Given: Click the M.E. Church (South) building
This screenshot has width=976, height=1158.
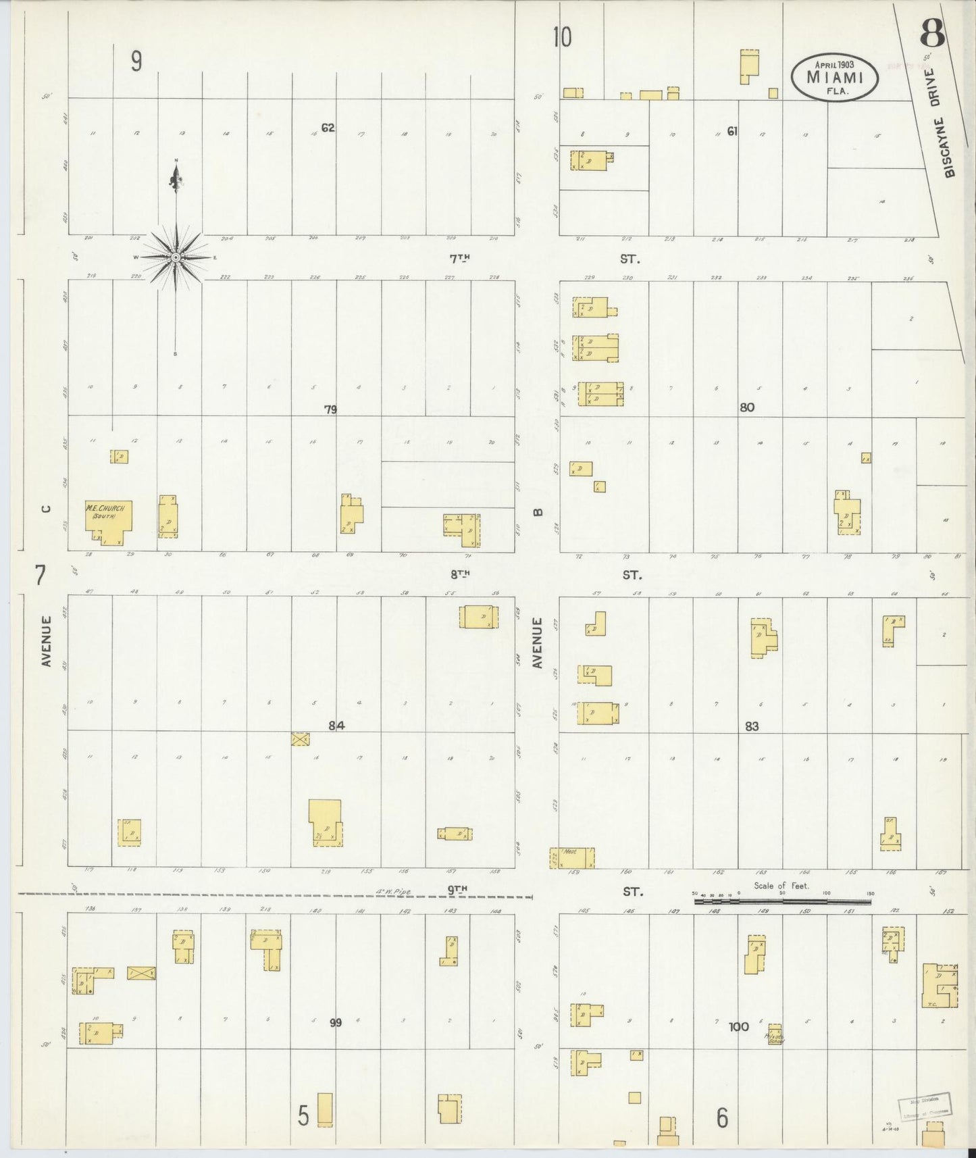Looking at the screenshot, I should (x=108, y=520).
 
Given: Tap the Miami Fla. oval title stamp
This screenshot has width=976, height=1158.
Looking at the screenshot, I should (x=835, y=76).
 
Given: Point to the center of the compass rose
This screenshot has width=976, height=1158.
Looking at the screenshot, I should (x=176, y=257).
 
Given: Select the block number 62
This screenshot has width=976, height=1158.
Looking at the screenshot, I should (x=328, y=128).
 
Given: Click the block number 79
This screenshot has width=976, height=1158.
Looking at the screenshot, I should (x=330, y=409).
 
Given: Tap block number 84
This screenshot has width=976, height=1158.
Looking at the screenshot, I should (x=337, y=726).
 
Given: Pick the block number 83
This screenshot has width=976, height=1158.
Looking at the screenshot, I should (x=752, y=726).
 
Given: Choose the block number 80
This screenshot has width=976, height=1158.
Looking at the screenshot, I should (x=746, y=407).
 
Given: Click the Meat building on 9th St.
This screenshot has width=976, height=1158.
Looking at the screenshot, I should (x=572, y=857).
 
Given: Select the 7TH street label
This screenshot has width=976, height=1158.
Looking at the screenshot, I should (x=460, y=258).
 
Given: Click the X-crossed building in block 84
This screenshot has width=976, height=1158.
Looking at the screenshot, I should (x=301, y=738).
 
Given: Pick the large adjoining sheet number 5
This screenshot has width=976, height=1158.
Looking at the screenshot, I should (x=304, y=1116).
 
